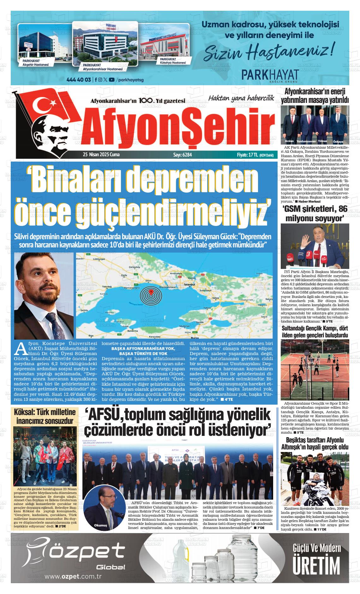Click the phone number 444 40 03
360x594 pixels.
(x=79, y=80)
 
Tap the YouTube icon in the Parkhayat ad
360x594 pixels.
(x=111, y=80)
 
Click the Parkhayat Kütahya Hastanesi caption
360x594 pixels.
(x=172, y=61)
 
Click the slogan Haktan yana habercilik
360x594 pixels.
(x=241, y=98)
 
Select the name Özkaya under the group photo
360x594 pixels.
(x=338, y=142)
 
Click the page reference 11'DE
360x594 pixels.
(x=321, y=529)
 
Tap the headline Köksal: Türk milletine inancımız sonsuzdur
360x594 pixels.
(x=45, y=417)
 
